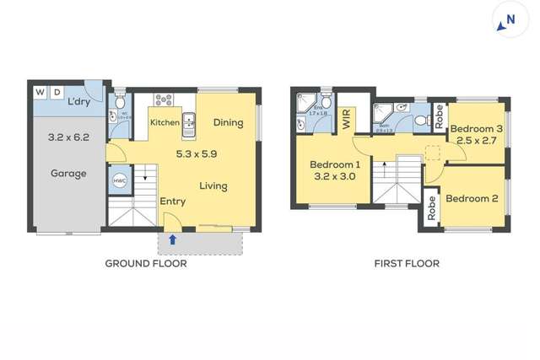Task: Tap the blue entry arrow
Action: (x=172, y=239)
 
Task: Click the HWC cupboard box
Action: (x=118, y=180)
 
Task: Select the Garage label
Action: (x=68, y=174)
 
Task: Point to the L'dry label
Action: (x=78, y=103)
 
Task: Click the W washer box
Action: (x=40, y=91)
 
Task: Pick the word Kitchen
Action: (x=165, y=123)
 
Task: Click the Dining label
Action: (x=228, y=123)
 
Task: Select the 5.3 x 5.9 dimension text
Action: (x=197, y=154)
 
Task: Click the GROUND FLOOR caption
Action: (x=146, y=264)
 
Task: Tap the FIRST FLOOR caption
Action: (x=407, y=264)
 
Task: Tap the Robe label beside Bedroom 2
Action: (x=431, y=207)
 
